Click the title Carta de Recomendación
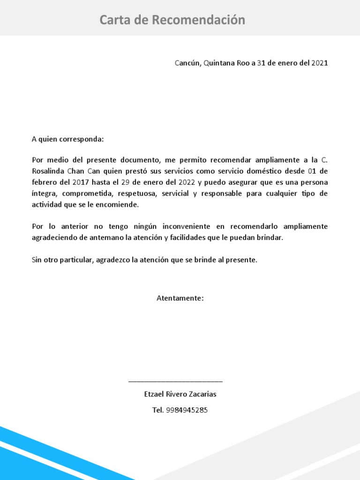(172, 20)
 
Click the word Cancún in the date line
(187, 63)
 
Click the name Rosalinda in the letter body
(49, 171)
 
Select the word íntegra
(44, 194)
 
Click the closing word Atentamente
(180, 298)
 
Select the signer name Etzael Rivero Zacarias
(180, 394)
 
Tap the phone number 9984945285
(187, 410)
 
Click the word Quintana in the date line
(220, 63)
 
